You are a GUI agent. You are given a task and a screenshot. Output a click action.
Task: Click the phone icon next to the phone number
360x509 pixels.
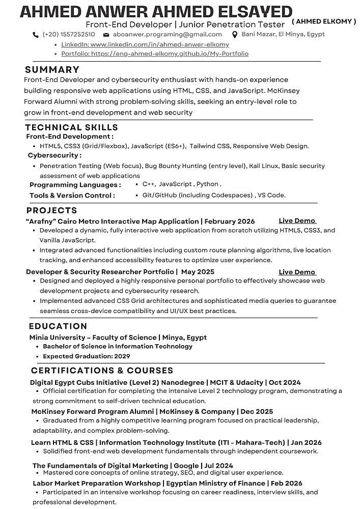(x=36, y=35)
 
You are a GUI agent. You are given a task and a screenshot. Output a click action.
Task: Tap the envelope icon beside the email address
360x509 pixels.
(x=106, y=35)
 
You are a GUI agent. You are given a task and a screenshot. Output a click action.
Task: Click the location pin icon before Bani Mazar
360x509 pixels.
(x=235, y=35)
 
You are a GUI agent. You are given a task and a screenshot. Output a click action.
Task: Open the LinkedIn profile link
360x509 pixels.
(x=145, y=44)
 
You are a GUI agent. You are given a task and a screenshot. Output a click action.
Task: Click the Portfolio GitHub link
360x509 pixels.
(x=155, y=53)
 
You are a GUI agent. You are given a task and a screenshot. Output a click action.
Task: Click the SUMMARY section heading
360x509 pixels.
(x=52, y=70)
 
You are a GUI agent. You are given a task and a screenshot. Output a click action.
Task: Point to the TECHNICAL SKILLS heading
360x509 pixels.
(x=72, y=127)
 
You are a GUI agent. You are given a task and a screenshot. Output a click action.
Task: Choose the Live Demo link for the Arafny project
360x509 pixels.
(x=297, y=221)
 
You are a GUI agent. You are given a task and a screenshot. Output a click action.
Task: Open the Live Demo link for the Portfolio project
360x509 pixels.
(x=297, y=272)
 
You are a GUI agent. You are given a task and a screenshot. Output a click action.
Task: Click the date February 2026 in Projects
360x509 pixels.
(x=230, y=221)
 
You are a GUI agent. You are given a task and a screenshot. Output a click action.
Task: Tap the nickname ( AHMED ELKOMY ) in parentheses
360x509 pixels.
(x=324, y=21)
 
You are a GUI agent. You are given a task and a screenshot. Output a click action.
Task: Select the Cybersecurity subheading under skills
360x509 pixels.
(x=54, y=155)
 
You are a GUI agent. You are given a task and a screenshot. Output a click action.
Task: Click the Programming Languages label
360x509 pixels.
(x=75, y=185)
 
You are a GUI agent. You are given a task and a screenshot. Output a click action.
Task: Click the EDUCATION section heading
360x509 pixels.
(x=58, y=326)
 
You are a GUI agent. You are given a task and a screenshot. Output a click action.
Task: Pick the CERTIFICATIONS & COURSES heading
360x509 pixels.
(x=102, y=370)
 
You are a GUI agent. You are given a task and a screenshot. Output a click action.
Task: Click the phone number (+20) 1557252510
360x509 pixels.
(x=69, y=35)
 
